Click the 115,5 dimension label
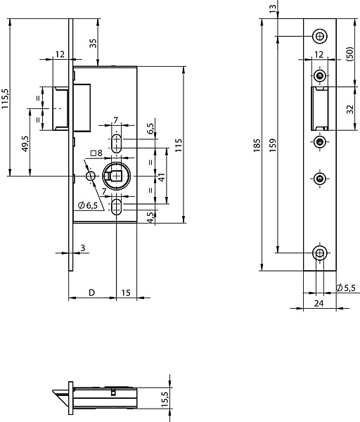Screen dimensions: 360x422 [x=6, y=98]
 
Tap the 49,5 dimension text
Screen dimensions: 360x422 [x=25, y=143]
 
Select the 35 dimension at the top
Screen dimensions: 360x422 [x=93, y=43]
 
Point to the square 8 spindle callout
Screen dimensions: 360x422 [x=96, y=153]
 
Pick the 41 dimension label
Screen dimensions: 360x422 [x=162, y=177]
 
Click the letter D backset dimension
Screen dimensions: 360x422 [x=91, y=293]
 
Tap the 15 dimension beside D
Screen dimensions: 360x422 [x=126, y=293]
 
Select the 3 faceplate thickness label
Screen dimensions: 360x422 [x=83, y=248]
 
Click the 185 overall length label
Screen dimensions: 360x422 [x=257, y=146]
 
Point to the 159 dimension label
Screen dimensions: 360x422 [x=273, y=146]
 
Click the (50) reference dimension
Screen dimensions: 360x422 [x=349, y=54]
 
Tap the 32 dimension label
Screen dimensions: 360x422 [x=350, y=109]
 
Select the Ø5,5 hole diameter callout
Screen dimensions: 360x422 [x=346, y=288]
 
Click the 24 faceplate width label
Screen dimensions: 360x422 [x=319, y=303]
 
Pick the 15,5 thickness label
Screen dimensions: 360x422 [x=165, y=399]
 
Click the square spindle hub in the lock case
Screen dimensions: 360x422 [x=116, y=176]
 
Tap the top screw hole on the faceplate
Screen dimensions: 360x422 [x=320, y=36]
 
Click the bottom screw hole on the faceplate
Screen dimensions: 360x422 [x=320, y=253]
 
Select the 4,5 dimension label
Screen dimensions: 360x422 [x=151, y=217]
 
